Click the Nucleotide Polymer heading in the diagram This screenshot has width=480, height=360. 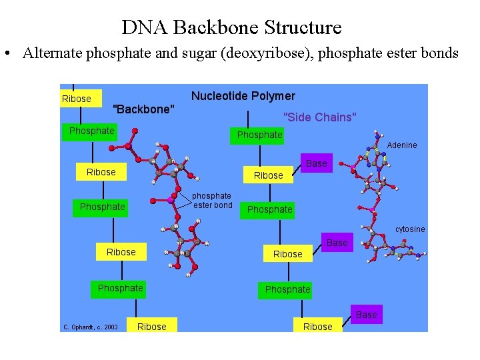(243, 96)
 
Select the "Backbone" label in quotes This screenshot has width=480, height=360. (144, 109)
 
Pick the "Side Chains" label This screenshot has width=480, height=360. (320, 117)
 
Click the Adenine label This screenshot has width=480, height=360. (401, 145)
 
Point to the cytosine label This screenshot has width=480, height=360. (409, 229)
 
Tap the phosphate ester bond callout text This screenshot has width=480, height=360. (213, 201)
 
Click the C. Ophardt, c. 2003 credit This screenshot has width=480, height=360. (90, 327)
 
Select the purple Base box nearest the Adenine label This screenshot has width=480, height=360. (317, 163)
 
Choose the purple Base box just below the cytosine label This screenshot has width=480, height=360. (337, 243)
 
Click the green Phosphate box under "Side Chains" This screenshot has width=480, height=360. (260, 135)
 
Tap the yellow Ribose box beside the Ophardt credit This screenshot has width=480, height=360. (151, 327)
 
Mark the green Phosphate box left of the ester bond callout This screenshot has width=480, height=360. (102, 207)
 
